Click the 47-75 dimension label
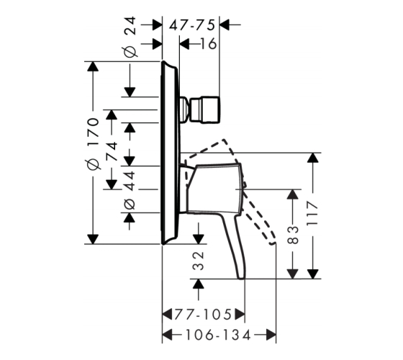191,25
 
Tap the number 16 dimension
208,44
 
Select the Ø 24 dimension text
130,37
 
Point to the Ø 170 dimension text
93,144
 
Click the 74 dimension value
112,151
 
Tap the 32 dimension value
199,261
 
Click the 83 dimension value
292,235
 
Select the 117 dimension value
312,213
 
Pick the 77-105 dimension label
203,314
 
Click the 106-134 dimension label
218,336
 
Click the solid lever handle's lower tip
241,278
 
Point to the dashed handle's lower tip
273,243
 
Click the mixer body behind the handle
213,189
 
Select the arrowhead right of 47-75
225,25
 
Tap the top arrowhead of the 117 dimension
312,158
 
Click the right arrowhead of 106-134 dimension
271,336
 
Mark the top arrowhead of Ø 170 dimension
93,66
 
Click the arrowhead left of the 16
184,44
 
